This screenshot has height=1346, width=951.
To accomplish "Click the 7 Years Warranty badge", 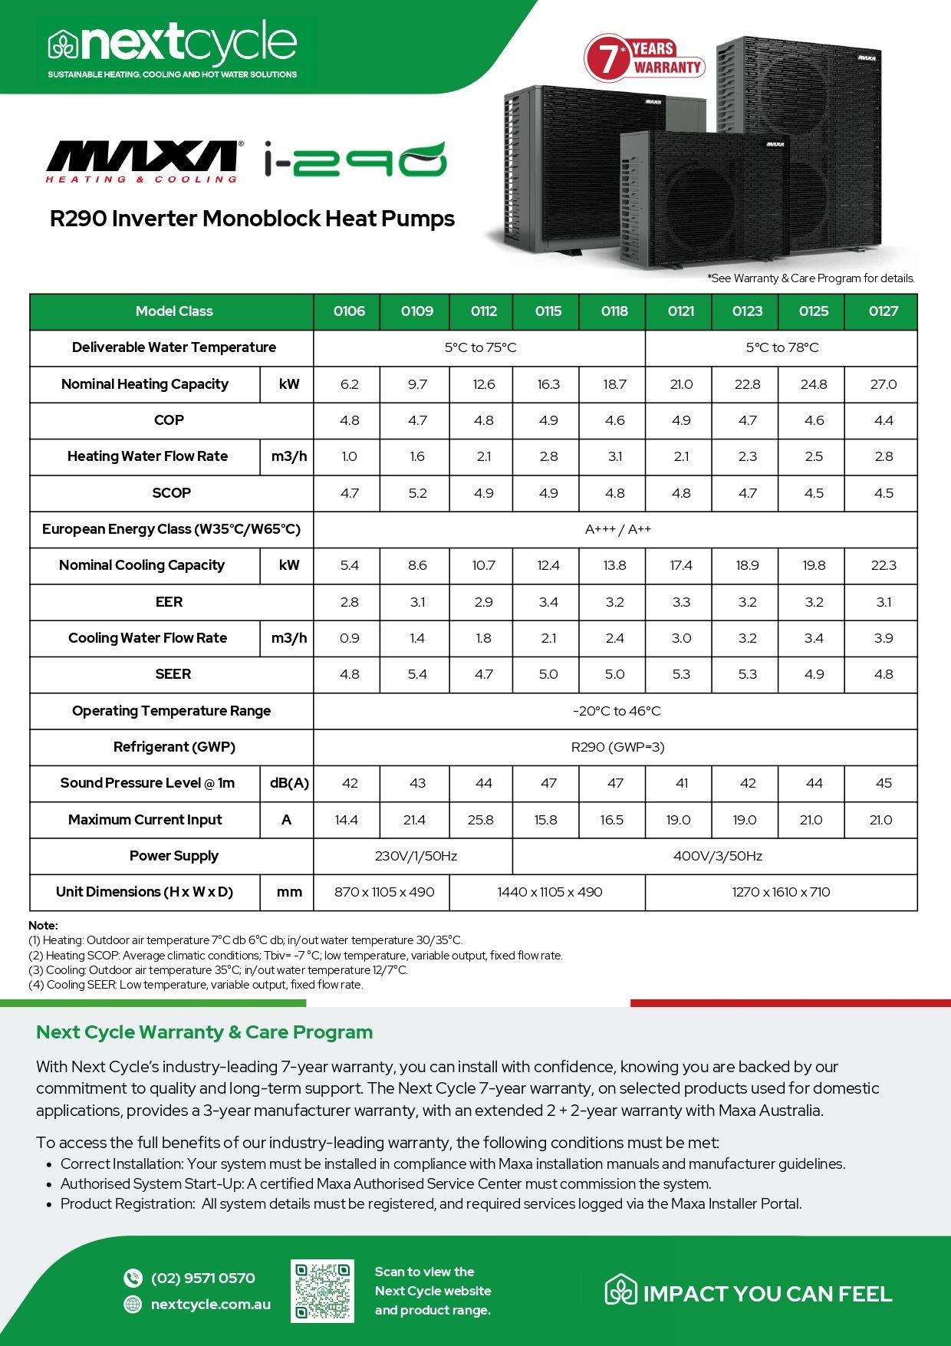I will pos(645,58).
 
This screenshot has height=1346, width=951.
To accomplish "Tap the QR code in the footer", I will pos(322,1291).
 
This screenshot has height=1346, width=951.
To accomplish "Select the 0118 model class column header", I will pos(614,311).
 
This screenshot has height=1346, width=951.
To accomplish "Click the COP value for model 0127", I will pos(884,420).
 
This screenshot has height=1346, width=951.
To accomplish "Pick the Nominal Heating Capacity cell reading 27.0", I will pos(884,384).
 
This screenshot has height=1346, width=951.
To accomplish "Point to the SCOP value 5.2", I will pos(417,493).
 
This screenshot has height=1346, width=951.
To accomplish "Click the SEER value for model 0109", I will pos(417,674).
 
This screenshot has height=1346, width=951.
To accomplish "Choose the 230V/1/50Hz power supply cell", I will pos(416,856).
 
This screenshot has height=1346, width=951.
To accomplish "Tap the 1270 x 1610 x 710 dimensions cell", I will pos(781,892).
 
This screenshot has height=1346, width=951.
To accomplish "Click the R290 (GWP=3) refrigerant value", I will pos(617,747).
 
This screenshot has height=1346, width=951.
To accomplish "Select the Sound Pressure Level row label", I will pos(147,783).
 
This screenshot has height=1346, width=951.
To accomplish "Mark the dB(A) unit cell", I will pos(288,783).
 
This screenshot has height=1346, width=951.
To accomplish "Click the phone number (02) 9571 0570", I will pos(202,1278).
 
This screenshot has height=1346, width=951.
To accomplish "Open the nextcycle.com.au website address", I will pos(210,1304).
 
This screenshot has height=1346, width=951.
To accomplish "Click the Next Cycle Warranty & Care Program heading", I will pos(204,1032).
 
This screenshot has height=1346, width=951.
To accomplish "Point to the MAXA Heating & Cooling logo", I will pos(143,161).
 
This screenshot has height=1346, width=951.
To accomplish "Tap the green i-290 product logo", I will pos(354,160).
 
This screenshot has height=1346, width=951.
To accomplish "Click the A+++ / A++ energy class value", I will pos(617,529).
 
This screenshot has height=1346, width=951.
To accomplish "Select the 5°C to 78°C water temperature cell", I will pos(782,347).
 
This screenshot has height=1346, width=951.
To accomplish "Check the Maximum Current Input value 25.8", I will pos(481,820).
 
